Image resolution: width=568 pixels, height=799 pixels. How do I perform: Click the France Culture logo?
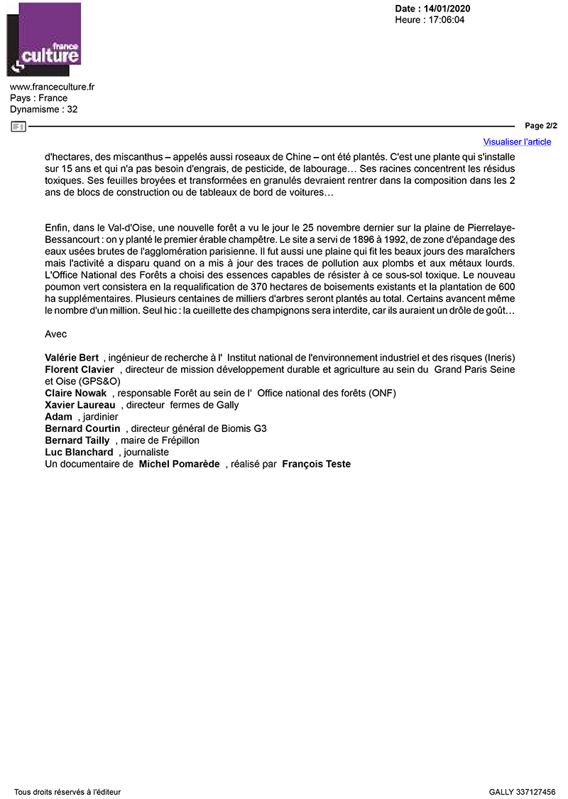click(x=43, y=40)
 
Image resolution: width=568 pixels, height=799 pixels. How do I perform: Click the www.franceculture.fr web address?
click(x=53, y=87)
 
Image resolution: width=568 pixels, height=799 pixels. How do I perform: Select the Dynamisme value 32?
click(x=72, y=109)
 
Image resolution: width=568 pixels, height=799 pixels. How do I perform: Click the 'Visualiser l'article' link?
click(x=517, y=141)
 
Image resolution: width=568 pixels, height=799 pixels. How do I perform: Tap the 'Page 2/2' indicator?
click(x=541, y=126)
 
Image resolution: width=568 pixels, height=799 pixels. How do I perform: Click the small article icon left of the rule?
click(x=18, y=126)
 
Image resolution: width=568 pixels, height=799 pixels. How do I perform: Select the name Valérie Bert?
click(x=72, y=357)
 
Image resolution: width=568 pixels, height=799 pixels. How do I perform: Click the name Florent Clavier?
click(x=80, y=369)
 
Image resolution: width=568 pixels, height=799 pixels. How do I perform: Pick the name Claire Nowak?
click(x=75, y=393)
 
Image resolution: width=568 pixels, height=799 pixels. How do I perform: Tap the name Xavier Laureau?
click(x=80, y=405)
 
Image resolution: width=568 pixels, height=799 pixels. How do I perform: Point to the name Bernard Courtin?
click(x=82, y=428)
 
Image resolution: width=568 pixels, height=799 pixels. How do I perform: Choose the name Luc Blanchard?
click(x=79, y=452)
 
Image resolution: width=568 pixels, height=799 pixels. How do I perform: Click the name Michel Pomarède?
click(x=179, y=464)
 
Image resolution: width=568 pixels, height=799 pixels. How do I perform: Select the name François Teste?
click(x=316, y=464)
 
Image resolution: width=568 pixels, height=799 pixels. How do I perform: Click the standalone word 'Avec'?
click(x=55, y=333)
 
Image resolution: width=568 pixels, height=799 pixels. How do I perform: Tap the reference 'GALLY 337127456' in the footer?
click(x=522, y=791)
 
